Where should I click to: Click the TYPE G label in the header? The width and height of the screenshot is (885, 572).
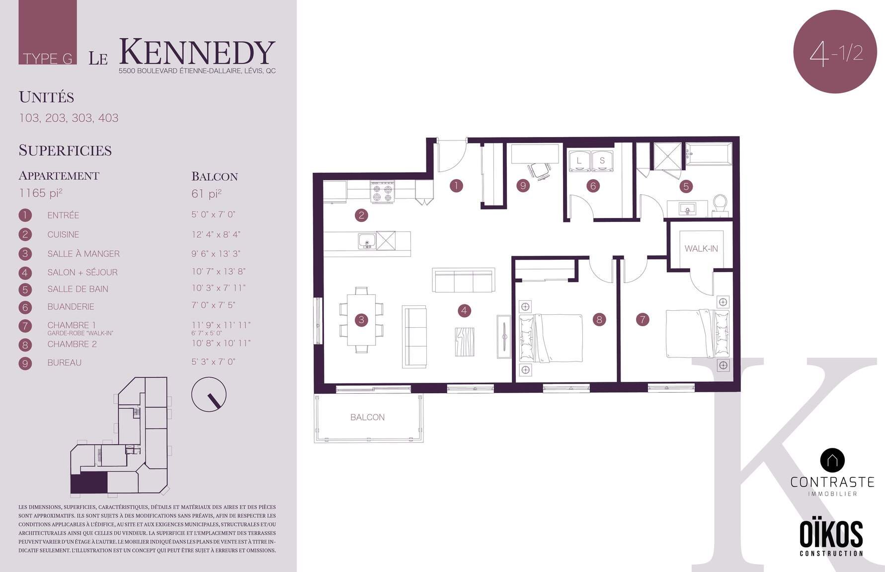tap(48, 59)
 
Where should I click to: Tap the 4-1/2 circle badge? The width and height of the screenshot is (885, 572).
tap(835, 51)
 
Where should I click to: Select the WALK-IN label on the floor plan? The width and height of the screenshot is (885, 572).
tap(701, 248)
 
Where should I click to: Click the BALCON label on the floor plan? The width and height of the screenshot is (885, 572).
tap(367, 417)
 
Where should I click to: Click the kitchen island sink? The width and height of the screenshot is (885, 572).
tap(367, 241)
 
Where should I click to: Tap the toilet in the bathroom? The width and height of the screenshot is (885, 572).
tap(720, 205)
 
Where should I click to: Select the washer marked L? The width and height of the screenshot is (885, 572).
tap(579, 160)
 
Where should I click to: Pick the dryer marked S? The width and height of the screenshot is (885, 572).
tap(602, 160)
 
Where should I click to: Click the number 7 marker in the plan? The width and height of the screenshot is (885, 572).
tap(643, 320)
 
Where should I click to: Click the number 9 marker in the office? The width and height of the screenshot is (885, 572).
tap(523, 186)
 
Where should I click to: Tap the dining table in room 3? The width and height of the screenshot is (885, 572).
tap(362, 319)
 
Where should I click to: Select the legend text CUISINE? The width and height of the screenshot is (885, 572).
tap(63, 234)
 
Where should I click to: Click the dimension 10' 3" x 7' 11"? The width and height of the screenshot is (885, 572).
tap(219, 288)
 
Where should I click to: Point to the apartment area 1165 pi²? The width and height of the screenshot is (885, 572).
tap(41, 193)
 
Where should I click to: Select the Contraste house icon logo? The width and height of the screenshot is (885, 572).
tap(832, 460)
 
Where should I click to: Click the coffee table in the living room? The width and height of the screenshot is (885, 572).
tap(465, 342)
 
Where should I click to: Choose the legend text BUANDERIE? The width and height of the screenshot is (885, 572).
tap(71, 307)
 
